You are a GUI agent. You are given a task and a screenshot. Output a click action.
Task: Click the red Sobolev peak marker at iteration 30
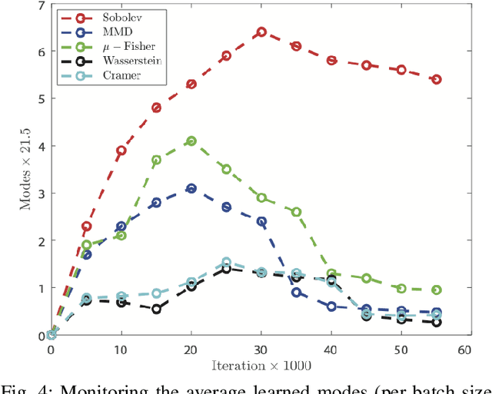(261, 32)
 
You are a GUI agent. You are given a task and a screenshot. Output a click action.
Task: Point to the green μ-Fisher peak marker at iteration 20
(191, 141)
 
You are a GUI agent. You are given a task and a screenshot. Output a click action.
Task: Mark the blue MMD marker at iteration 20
(191, 188)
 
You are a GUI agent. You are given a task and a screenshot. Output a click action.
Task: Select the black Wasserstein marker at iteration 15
(156, 309)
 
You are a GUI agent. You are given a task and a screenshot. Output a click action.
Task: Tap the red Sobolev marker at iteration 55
(436, 79)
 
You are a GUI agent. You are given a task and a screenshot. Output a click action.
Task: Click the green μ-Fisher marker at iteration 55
(436, 290)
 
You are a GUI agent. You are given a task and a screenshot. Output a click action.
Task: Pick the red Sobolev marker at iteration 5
(86, 227)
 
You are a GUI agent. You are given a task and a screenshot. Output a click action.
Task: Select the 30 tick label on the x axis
(261, 349)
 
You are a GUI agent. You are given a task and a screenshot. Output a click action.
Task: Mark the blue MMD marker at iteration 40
(331, 306)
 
